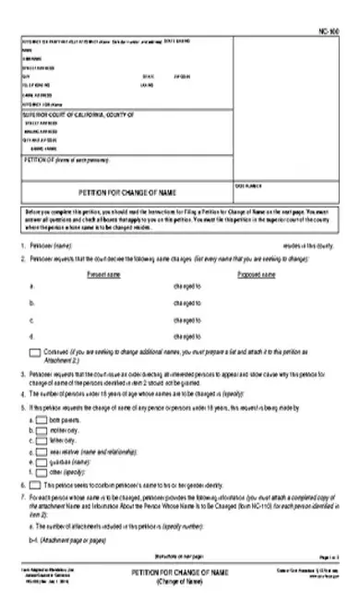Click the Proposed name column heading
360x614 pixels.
click(x=257, y=274)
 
